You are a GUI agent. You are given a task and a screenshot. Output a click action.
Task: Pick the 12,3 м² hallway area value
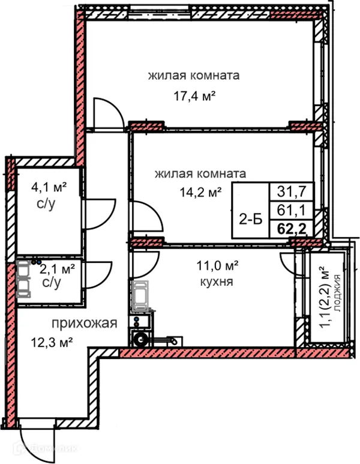pyautogui.click(x=52, y=343)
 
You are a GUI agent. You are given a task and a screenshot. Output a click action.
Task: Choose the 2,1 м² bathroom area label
pyautogui.click(x=58, y=268)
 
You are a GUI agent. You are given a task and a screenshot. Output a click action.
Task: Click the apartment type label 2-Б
pyautogui.click(x=250, y=219)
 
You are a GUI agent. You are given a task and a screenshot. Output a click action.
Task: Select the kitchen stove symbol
pyautogui.click(x=140, y=295)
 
